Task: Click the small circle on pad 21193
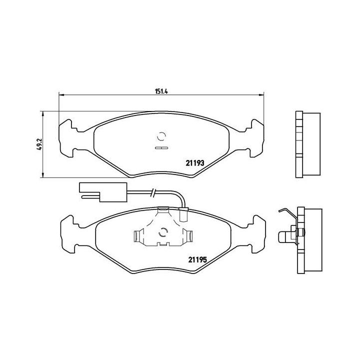pyautogui.click(x=161, y=136)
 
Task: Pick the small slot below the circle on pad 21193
pyautogui.click(x=161, y=148)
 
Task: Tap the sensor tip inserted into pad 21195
pyautogui.click(x=183, y=216)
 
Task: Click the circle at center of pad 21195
pyautogui.click(x=161, y=232)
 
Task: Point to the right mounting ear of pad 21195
pyautogui.click(x=255, y=231)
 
